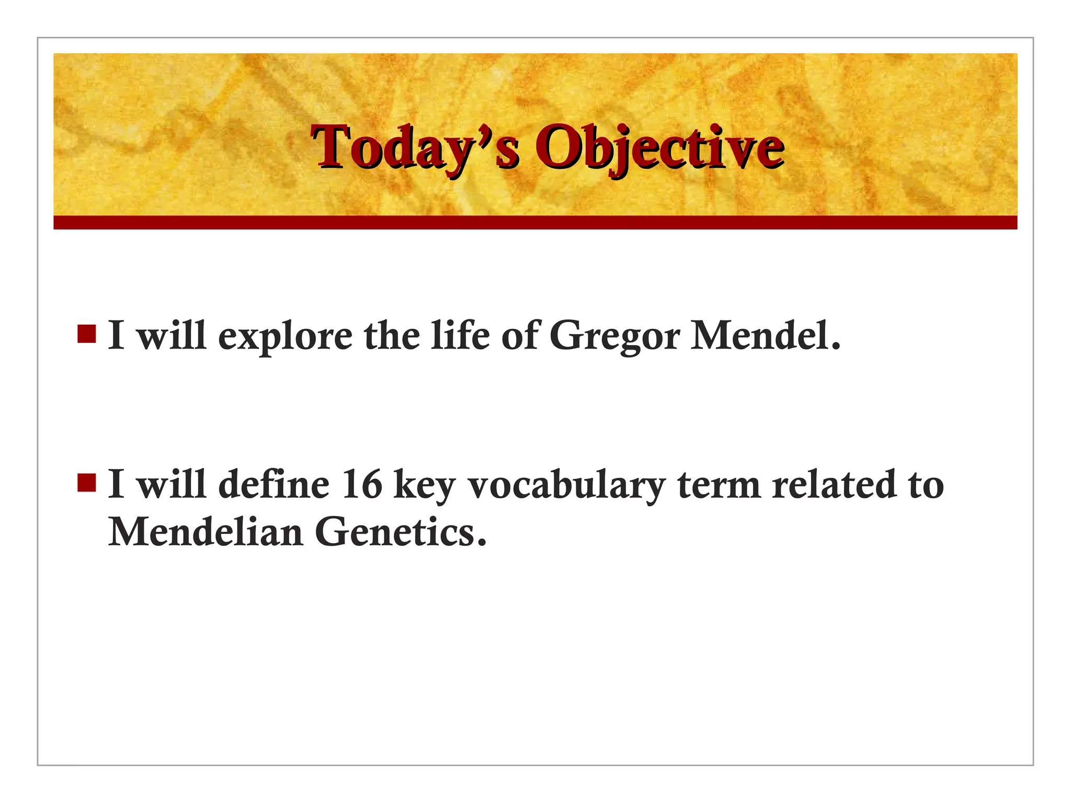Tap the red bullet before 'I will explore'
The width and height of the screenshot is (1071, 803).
tap(86, 334)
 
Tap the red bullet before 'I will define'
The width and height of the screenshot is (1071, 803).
tap(86, 483)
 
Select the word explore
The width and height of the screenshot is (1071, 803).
tap(285, 336)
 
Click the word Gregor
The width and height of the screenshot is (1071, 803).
tap(614, 336)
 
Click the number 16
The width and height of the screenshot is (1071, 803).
tap(362, 485)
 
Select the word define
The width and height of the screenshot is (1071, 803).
tap(274, 485)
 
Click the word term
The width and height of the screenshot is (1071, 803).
tap(719, 485)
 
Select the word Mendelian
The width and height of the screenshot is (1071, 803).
tap(206, 532)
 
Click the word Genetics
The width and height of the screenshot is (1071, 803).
tap(401, 532)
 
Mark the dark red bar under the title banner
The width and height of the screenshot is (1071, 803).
tap(535, 222)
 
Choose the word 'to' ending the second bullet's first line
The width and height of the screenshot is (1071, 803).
tap(926, 485)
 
